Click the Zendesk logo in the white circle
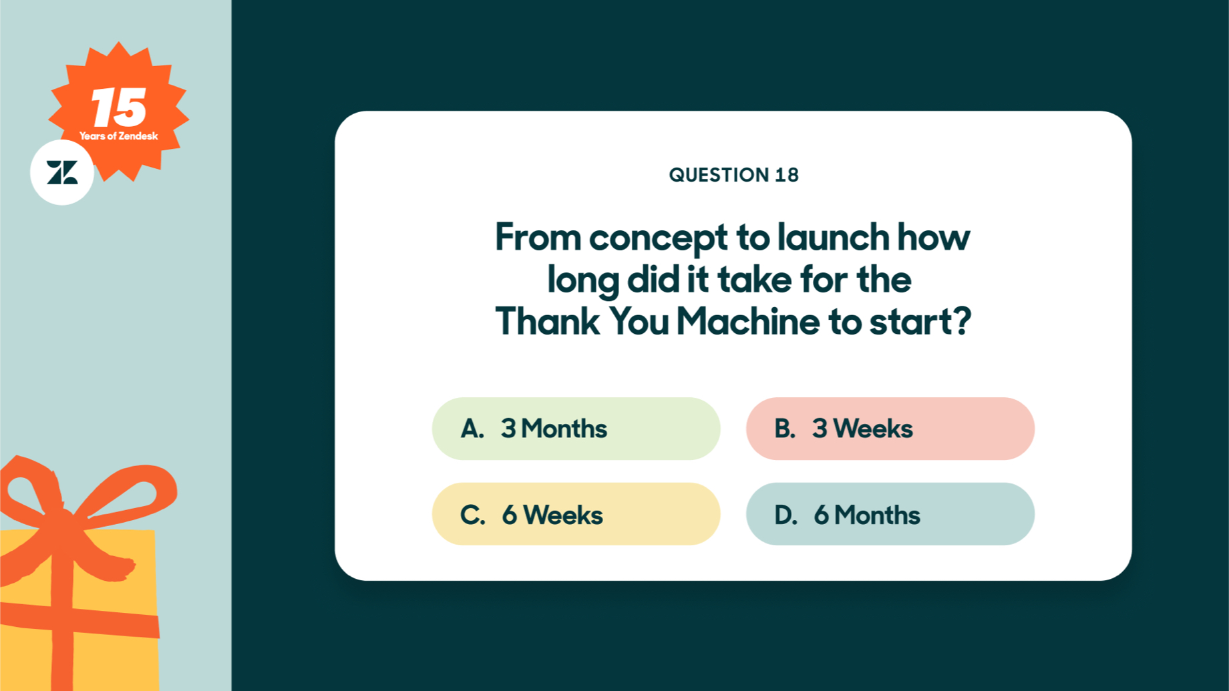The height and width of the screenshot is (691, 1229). [62, 173]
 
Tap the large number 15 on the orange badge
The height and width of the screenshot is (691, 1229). [119, 107]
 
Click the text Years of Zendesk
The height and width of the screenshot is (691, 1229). [119, 136]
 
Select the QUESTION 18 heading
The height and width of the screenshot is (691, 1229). [733, 175]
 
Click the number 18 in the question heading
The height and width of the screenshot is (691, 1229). [787, 175]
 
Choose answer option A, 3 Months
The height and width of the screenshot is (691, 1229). [576, 429]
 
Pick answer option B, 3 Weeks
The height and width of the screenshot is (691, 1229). [890, 429]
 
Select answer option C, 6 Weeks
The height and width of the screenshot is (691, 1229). [576, 514]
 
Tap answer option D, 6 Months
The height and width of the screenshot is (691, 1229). [890, 514]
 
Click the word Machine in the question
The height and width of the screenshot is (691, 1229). [747, 321]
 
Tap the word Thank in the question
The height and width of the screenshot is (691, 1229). [547, 321]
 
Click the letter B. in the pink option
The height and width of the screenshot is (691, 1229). [785, 429]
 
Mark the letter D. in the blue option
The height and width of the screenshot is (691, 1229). [785, 515]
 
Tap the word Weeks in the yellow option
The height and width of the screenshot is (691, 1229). [563, 515]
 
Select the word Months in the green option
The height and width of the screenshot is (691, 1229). [564, 429]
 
